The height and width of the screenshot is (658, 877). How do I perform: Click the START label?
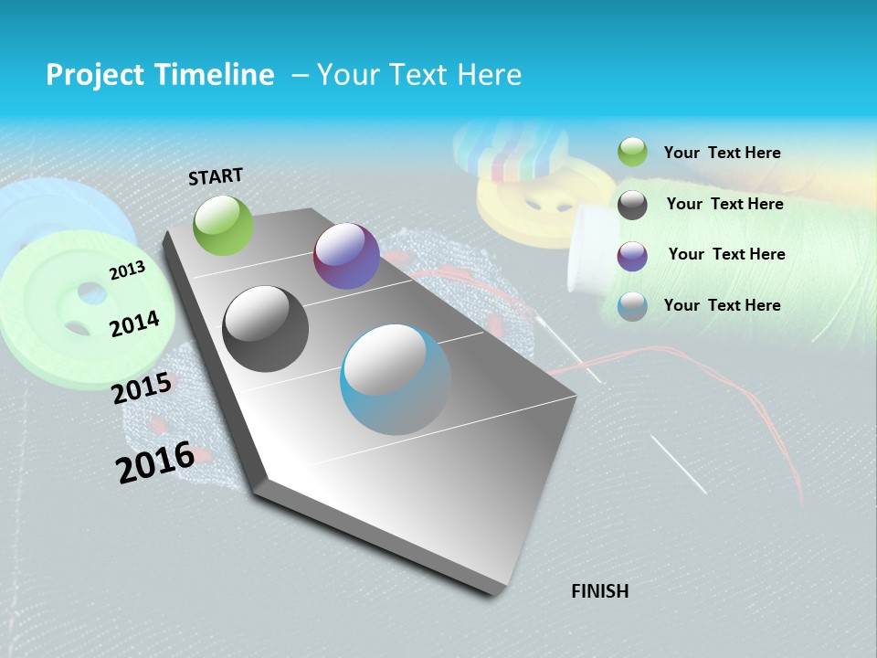[x=216, y=176]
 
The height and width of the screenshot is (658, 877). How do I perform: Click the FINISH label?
[x=599, y=591]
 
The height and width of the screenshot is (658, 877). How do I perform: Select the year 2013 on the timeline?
[x=127, y=270]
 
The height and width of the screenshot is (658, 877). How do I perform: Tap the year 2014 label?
[x=134, y=324]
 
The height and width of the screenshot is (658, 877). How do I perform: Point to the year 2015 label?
[x=141, y=388]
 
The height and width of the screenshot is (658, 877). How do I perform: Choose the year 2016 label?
[x=154, y=462]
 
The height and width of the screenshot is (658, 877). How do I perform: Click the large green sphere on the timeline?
[x=223, y=225]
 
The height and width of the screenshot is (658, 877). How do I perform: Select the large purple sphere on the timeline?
[x=346, y=256]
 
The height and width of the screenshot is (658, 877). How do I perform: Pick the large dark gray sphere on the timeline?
[x=266, y=329]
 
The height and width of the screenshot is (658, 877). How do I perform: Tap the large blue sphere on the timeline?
[x=396, y=379]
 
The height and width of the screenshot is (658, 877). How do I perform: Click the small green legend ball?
[x=632, y=153]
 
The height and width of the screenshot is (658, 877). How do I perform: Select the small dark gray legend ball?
[x=632, y=205]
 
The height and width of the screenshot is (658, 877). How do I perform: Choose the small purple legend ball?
[x=632, y=256]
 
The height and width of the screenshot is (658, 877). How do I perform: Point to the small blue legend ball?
[x=632, y=307]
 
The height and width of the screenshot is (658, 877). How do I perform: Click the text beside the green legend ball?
[x=722, y=153]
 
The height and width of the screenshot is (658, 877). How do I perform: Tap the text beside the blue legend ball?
[x=722, y=305]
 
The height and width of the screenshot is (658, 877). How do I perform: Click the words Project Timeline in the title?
[x=160, y=75]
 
